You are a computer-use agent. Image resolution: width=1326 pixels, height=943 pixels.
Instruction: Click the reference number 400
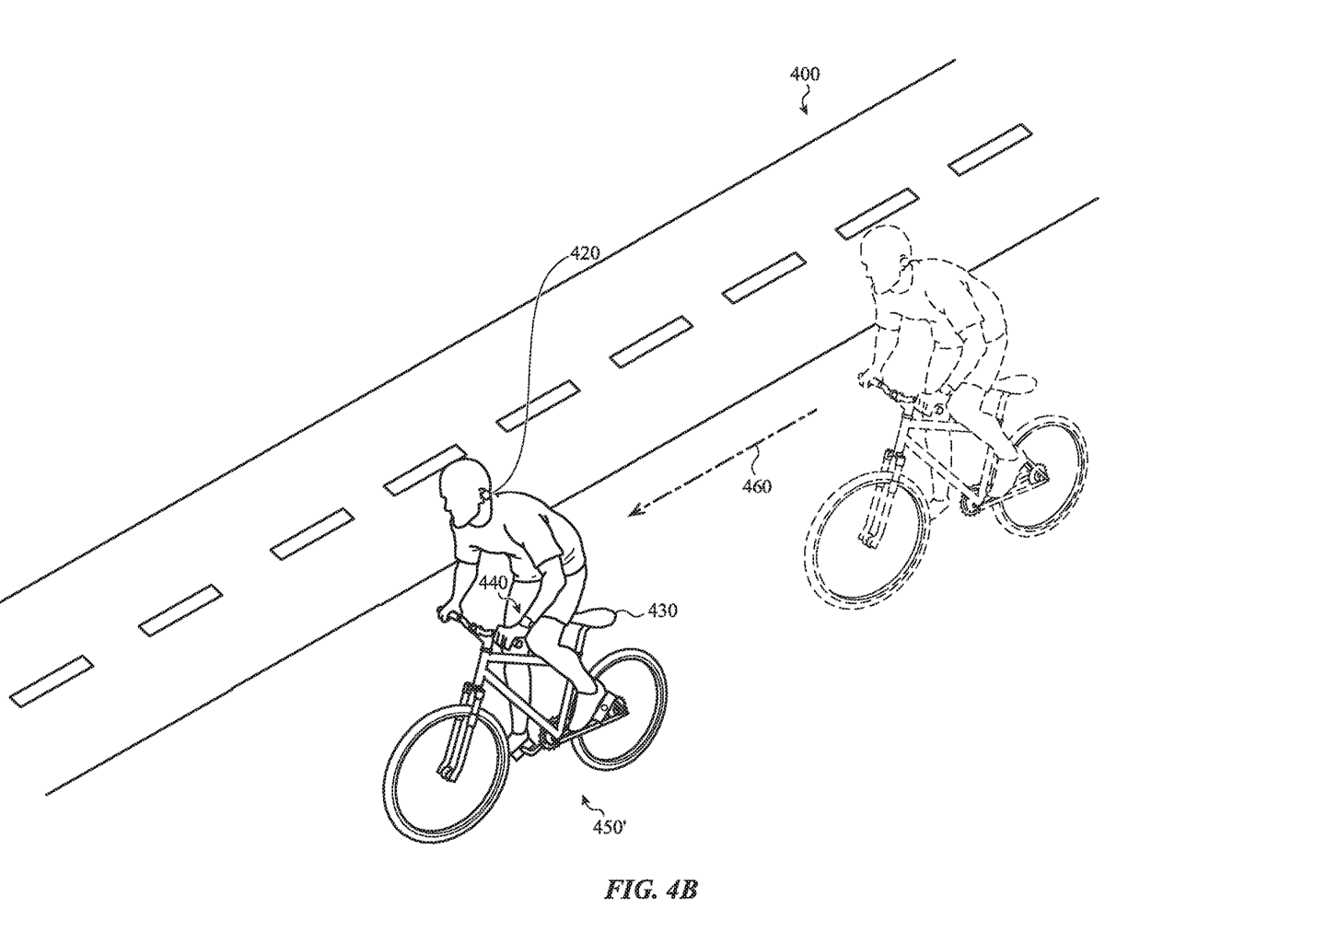pyautogui.click(x=805, y=75)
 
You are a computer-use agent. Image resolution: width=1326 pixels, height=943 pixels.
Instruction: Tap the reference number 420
pyautogui.click(x=585, y=253)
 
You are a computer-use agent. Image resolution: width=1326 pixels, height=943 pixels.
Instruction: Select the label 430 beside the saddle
pyautogui.click(x=662, y=611)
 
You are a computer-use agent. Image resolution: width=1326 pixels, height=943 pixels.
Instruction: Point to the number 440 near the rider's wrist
pyautogui.click(x=494, y=583)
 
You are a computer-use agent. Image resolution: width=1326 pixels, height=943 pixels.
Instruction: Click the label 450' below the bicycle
pyautogui.click(x=610, y=827)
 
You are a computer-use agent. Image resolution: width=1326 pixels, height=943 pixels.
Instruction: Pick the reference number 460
pyautogui.click(x=757, y=486)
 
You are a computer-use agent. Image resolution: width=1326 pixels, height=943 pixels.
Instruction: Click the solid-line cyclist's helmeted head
pyautogui.click(x=466, y=493)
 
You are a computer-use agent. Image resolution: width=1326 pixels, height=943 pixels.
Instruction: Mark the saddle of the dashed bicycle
pyautogui.click(x=1014, y=384)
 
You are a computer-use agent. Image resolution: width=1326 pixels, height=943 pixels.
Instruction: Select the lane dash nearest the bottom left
pyautogui.click(x=52, y=681)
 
